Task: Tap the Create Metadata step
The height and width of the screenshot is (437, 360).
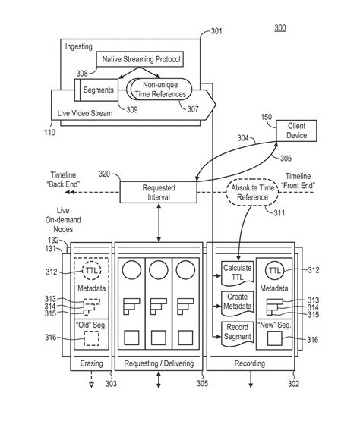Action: [x=235, y=300]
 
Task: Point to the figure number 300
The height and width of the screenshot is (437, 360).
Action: [x=279, y=28]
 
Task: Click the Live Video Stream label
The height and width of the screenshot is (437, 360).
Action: [x=85, y=112]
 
